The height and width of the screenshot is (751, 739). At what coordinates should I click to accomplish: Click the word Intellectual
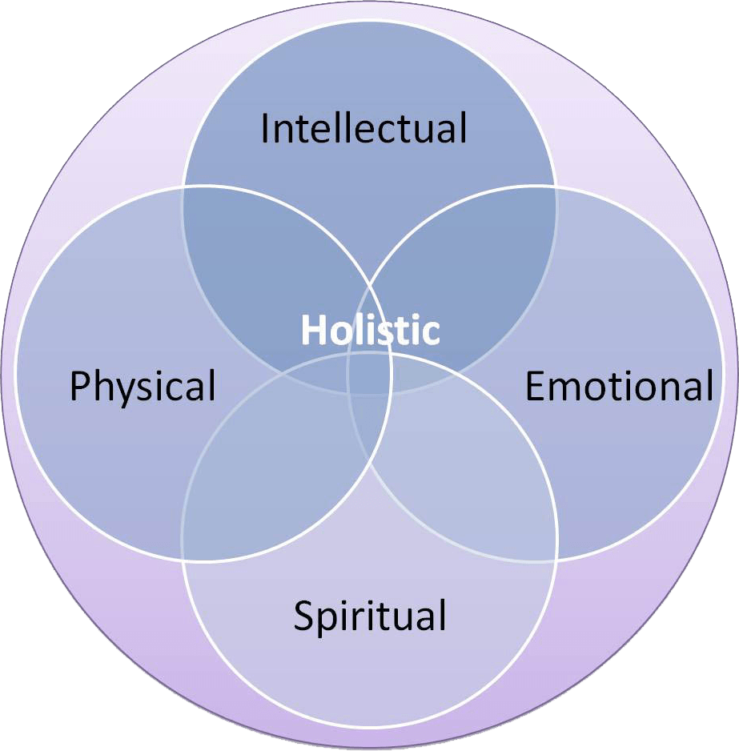[364, 129]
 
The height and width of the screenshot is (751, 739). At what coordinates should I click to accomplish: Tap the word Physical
[143, 387]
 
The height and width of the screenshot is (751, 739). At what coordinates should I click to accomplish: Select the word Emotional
[619, 387]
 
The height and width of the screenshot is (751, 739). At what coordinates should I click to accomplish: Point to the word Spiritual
[370, 616]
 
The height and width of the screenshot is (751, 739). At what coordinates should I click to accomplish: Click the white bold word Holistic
[370, 330]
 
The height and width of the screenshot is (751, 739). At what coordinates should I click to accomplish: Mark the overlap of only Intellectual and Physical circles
[256, 264]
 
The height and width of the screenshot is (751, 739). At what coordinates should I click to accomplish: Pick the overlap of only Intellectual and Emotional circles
[480, 264]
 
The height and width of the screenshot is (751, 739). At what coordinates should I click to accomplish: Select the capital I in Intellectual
[266, 129]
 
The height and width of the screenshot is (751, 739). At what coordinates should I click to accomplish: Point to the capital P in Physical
[78, 387]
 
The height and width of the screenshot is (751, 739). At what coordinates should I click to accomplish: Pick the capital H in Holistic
[311, 330]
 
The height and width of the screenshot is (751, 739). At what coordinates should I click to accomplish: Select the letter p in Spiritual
[327, 621]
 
